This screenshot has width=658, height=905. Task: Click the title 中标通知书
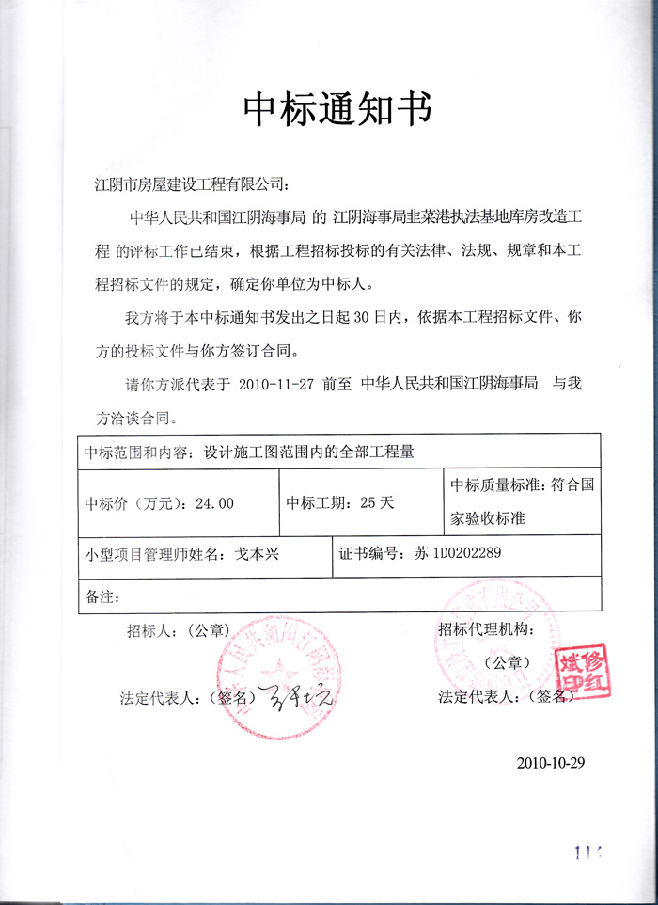[337, 110]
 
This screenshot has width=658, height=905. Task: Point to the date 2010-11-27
[278, 384]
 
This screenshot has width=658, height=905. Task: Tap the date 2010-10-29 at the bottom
[551, 762]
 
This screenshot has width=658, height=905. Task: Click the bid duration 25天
[374, 503]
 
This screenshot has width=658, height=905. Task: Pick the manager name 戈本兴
[256, 554]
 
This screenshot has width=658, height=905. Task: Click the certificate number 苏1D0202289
[458, 553]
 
